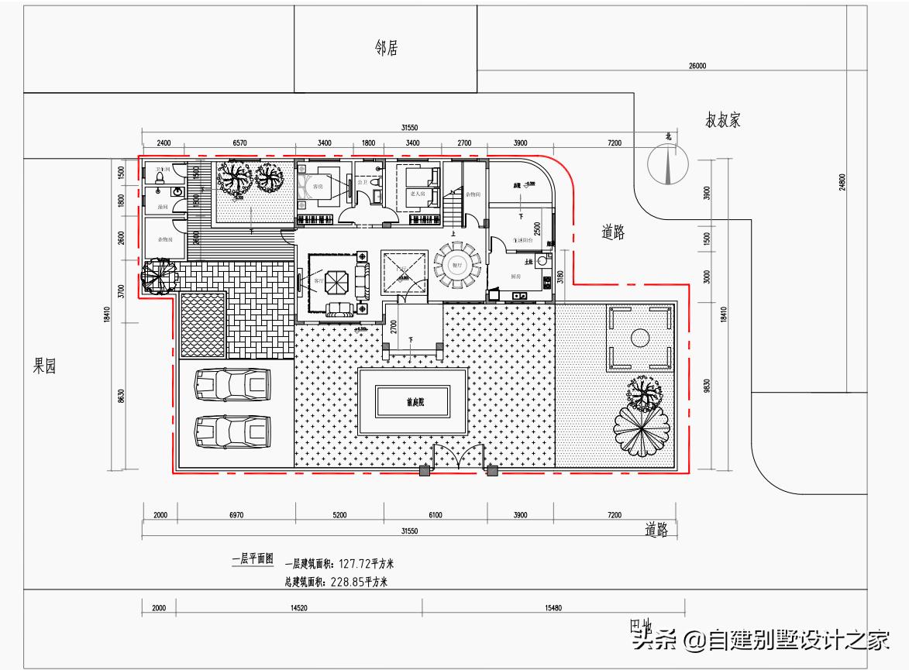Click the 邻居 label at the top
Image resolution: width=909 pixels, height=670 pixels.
(386, 49)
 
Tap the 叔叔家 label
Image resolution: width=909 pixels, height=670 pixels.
(724, 121)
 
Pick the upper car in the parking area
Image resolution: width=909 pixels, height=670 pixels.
(232, 383)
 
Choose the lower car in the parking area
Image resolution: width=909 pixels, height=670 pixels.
(232, 431)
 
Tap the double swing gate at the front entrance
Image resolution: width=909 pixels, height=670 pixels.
(459, 458)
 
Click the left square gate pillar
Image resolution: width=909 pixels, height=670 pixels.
(424, 470)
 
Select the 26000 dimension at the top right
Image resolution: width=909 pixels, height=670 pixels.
(697, 67)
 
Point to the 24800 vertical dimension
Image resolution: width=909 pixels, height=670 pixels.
(842, 182)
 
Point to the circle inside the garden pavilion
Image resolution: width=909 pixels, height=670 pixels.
(640, 337)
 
